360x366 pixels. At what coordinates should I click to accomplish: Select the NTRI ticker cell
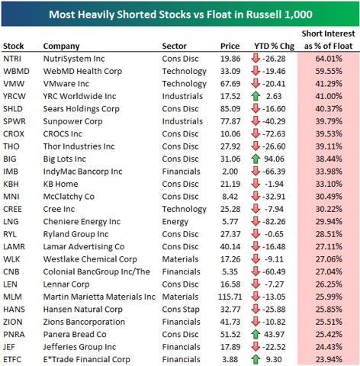click(13, 59)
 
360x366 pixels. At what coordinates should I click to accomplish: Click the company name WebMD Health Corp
click(79, 71)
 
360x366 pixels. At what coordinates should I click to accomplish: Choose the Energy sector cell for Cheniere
click(175, 217)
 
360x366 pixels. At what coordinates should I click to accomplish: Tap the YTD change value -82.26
click(281, 217)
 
